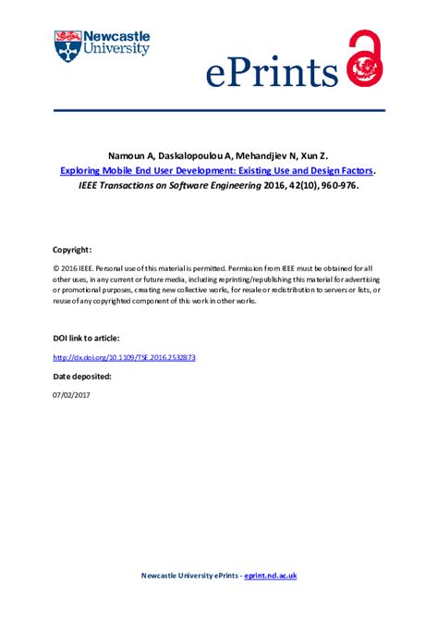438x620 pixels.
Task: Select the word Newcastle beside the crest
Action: click(116, 36)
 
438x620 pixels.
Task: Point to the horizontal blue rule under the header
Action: click(219, 110)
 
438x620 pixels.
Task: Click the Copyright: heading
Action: click(72, 250)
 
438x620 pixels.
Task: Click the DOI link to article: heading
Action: click(87, 339)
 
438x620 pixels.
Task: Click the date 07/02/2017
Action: click(71, 395)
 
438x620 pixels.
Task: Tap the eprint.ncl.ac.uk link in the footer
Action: click(270, 576)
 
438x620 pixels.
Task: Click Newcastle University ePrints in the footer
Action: click(189, 576)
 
